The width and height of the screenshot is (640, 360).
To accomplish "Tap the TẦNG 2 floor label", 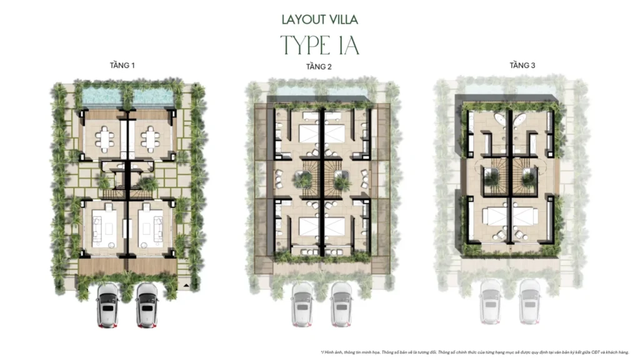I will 319,67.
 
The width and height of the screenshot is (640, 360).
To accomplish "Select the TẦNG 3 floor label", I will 522,65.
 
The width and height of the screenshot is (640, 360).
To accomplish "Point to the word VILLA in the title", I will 343,20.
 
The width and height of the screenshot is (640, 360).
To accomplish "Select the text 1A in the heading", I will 347,45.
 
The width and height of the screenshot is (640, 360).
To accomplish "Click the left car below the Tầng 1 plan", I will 108,304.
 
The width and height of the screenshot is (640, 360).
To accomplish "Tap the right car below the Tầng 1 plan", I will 147,304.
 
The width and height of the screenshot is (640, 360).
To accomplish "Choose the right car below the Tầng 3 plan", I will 529,301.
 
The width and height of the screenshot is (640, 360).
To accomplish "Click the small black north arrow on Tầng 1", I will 186,285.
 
